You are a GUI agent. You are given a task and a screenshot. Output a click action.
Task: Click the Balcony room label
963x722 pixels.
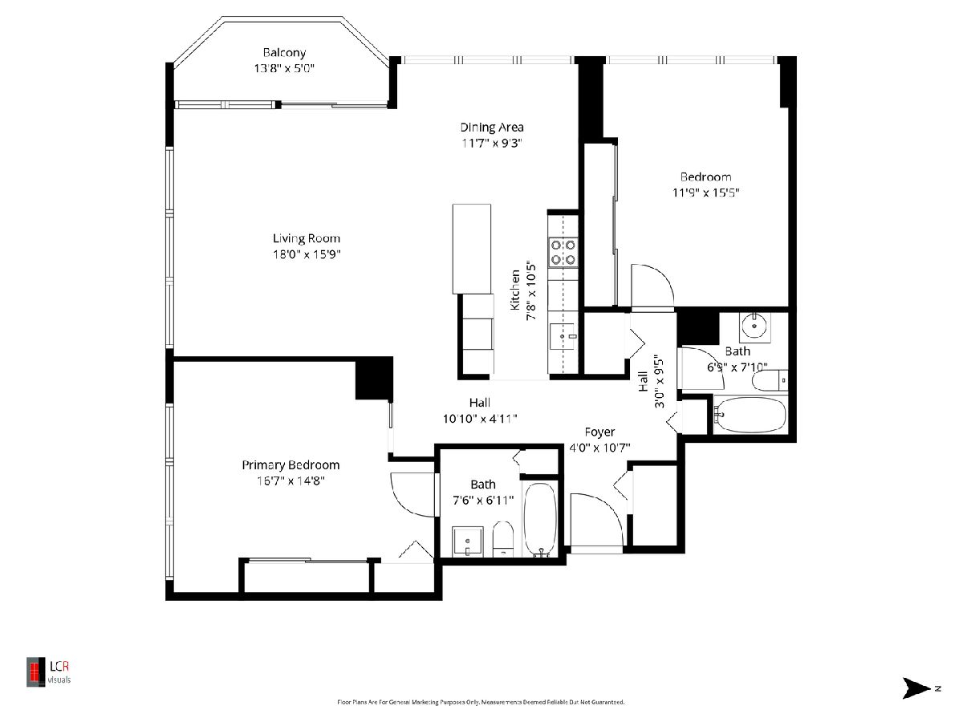(284, 53)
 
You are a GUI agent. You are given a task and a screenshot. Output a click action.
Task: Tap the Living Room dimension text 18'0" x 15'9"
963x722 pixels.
(307, 254)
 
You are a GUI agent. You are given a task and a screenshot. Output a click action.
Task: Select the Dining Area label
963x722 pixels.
(492, 128)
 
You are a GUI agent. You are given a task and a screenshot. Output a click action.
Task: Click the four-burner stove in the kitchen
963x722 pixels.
(563, 252)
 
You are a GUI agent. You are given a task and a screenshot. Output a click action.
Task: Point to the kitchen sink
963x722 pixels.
(563, 336)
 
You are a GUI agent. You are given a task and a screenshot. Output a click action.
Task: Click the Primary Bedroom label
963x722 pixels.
(291, 465)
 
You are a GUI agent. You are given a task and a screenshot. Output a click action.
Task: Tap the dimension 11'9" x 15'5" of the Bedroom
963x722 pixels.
(706, 193)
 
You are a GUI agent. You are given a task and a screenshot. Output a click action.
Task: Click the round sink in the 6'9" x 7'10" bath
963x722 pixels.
(754, 327)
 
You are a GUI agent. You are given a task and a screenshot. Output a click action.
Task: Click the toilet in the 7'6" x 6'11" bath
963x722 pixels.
(503, 539)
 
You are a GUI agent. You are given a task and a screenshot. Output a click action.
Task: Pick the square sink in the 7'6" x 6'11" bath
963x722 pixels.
(468, 541)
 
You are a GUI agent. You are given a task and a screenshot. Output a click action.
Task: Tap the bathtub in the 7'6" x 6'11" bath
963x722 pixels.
(541, 520)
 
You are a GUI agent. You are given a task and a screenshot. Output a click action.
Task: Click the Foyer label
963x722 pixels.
(599, 432)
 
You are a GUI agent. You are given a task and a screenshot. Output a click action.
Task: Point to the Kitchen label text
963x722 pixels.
(515, 290)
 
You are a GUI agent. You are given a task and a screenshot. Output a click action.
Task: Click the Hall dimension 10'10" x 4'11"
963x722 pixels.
(480, 419)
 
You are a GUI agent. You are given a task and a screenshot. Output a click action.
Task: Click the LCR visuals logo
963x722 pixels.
(48, 671)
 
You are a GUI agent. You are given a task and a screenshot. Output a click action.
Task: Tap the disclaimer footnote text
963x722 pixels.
(481, 702)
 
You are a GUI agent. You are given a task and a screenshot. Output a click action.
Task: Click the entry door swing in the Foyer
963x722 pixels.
(597, 521)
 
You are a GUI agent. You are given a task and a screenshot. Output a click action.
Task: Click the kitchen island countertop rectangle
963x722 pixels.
(472, 249)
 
